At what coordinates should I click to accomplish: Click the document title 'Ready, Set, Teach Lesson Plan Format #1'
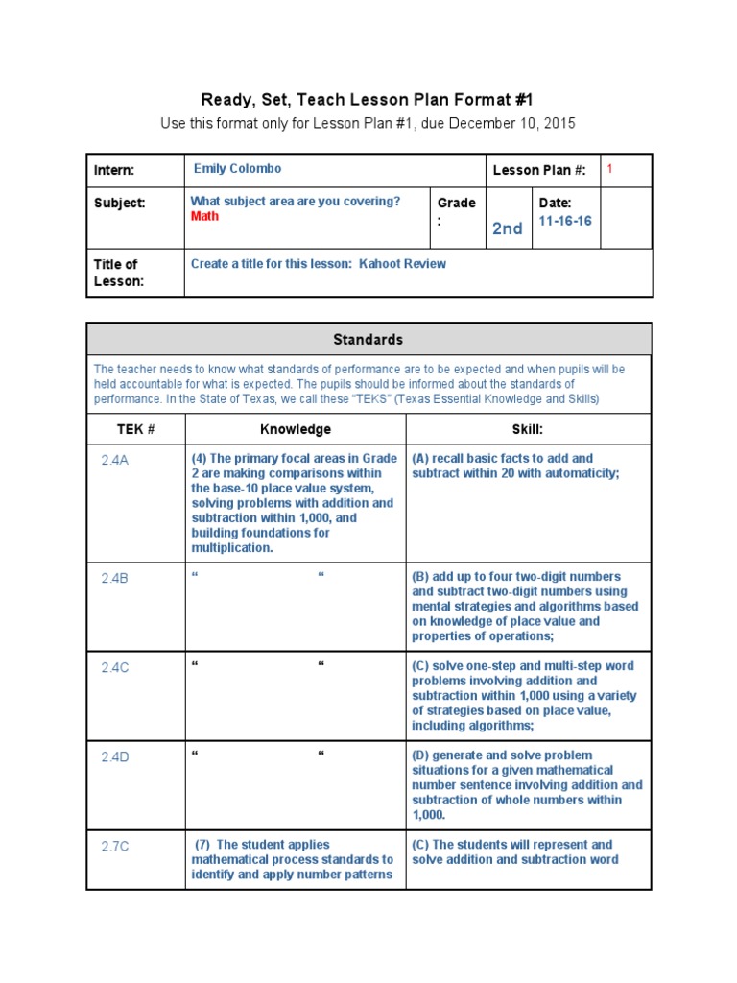[x=367, y=100]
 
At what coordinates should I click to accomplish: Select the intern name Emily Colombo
[x=237, y=169]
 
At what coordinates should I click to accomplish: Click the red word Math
[x=204, y=217]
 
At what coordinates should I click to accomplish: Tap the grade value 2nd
[x=507, y=228]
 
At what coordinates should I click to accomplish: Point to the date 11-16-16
[x=565, y=221]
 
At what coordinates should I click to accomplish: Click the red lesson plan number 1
[x=609, y=169]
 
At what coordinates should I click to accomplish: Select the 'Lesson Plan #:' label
[x=538, y=171]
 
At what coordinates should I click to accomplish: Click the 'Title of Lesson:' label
[x=117, y=273]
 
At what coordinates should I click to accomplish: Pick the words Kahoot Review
[x=402, y=264]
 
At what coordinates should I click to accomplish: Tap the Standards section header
[x=368, y=340]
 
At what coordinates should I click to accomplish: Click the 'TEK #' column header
[x=135, y=430]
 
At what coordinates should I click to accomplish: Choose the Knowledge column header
[x=296, y=430]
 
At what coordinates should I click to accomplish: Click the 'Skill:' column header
[x=528, y=430]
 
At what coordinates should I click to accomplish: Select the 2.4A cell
[x=115, y=460]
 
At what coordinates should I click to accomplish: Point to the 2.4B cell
[x=115, y=579]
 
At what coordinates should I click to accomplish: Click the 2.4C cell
[x=115, y=668]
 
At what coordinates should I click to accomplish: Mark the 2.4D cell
[x=115, y=757]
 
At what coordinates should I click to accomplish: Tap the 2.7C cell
[x=115, y=847]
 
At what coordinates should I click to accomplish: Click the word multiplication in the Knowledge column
[x=232, y=548]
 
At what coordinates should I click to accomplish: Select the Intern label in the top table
[x=114, y=171]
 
